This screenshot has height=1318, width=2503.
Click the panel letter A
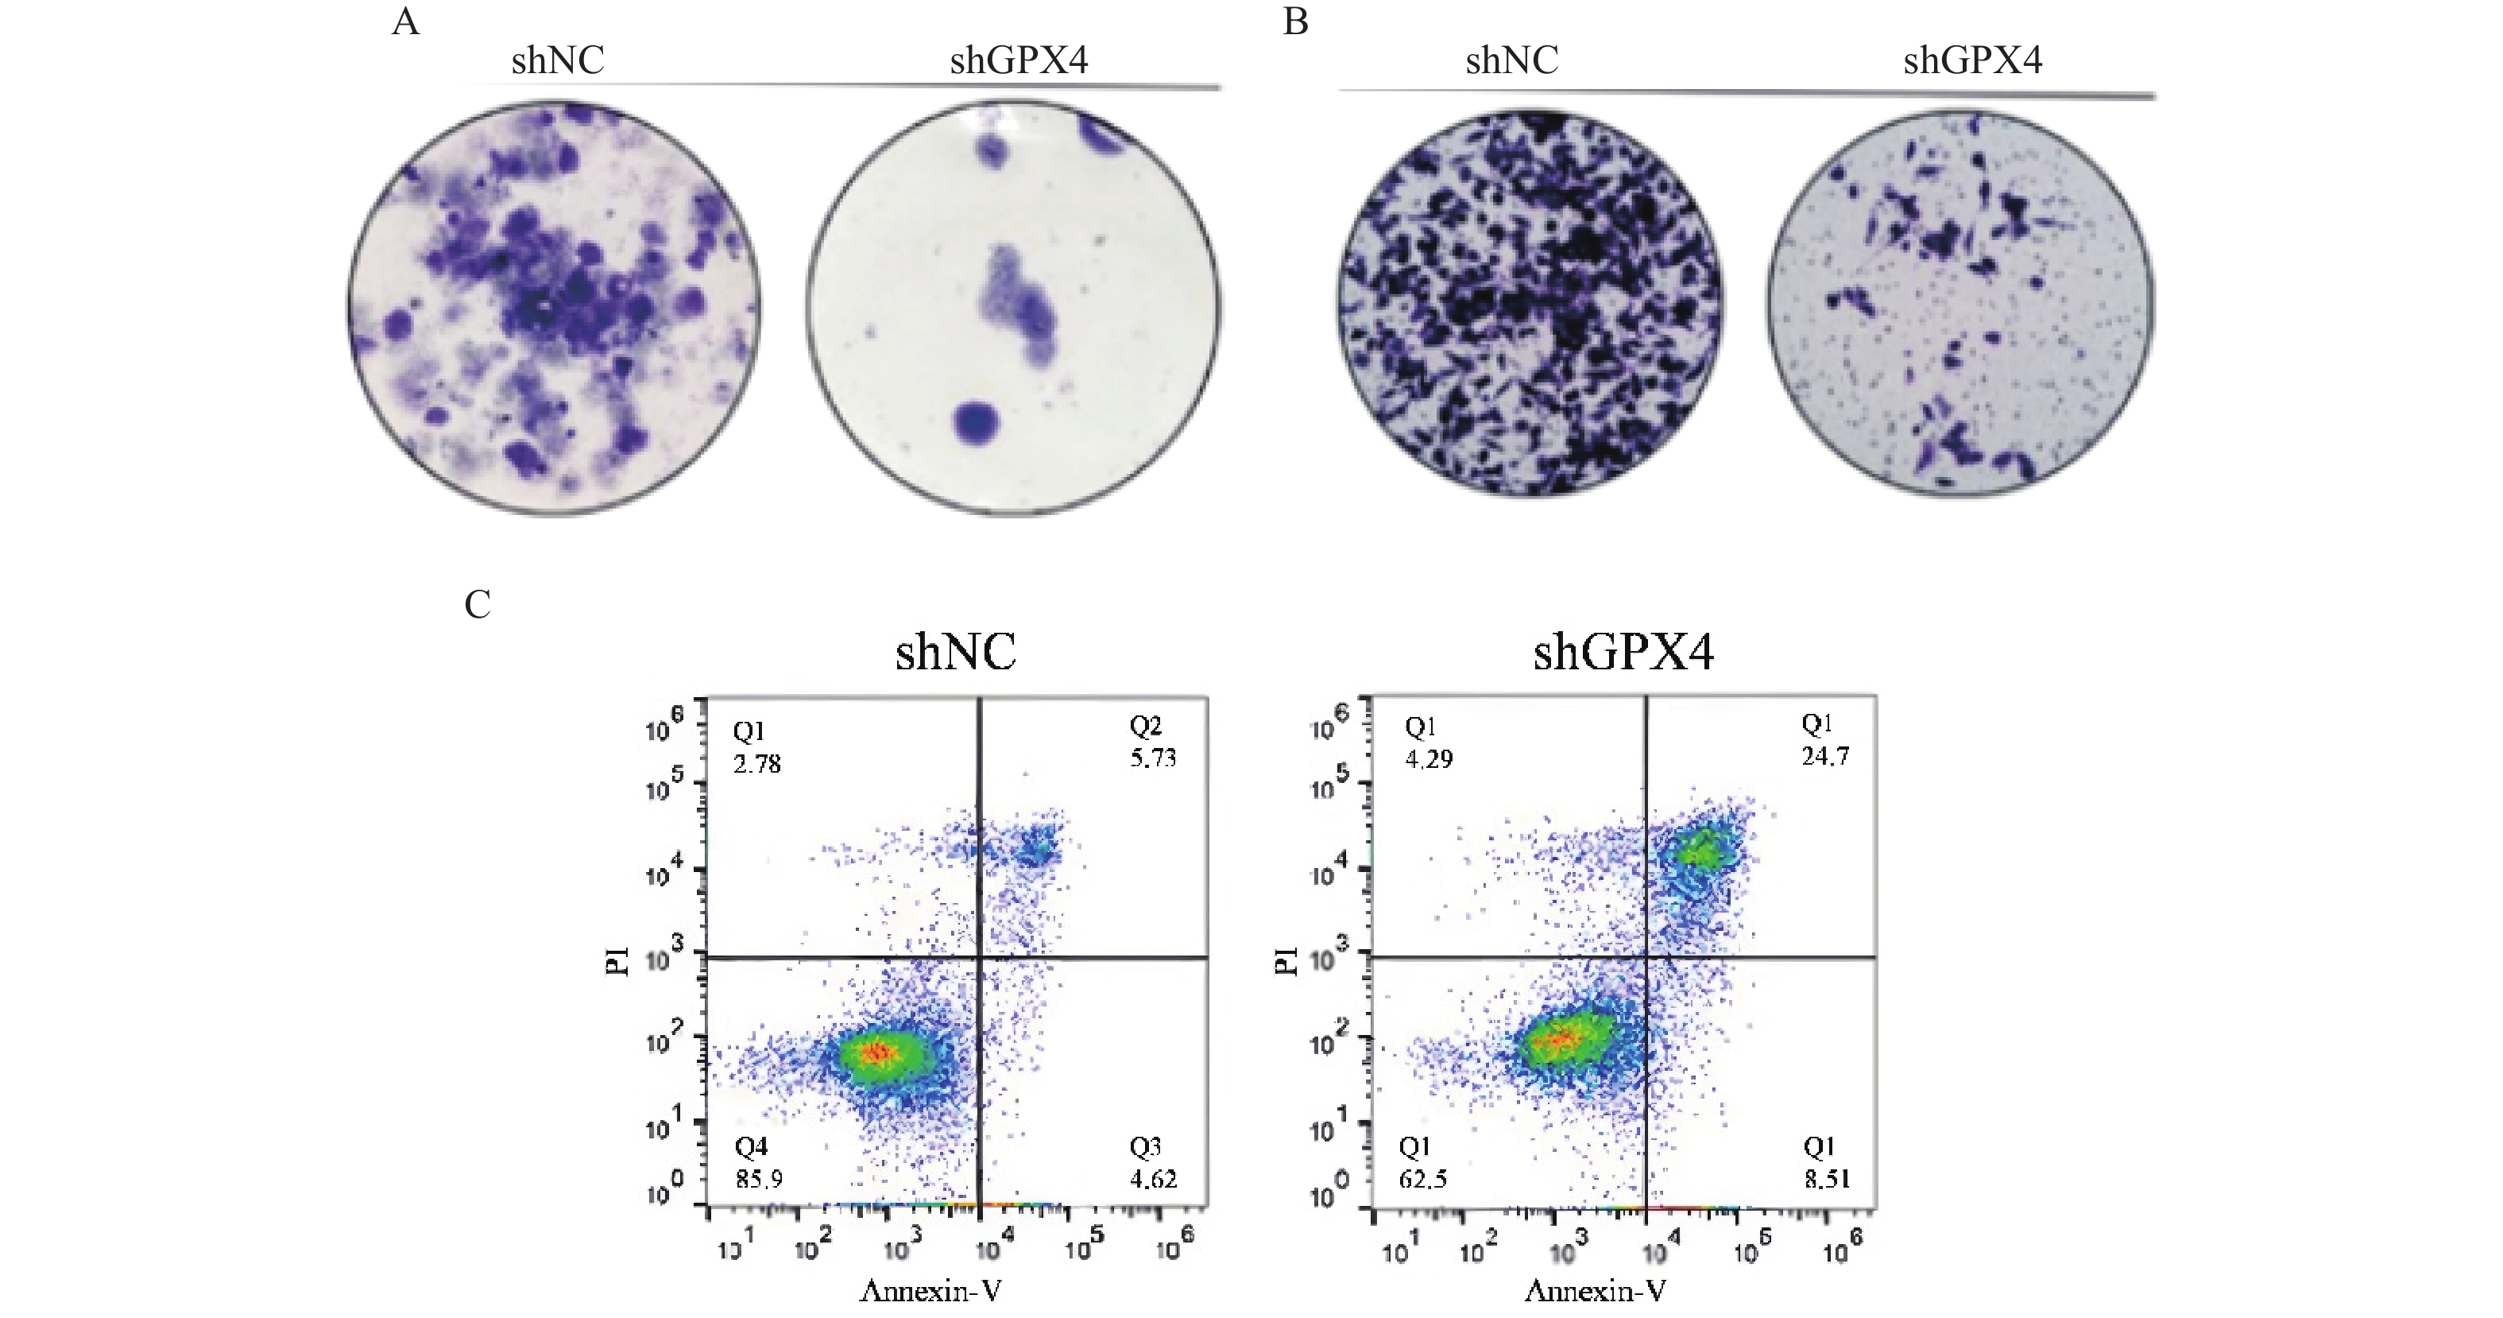point(405,21)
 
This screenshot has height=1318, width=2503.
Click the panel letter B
point(1295,21)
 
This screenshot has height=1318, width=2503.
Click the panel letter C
point(477,605)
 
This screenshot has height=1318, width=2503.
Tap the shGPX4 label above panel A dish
point(1019,61)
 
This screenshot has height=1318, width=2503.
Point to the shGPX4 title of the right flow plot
point(1623,651)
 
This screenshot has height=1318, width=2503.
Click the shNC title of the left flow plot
point(955,651)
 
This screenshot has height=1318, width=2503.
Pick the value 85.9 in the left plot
point(758,1179)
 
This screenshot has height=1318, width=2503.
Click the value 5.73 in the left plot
point(1152,757)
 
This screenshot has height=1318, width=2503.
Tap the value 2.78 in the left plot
point(757,764)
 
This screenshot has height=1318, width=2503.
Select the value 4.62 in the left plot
point(1152,1179)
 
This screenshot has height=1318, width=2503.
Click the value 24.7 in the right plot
point(1826,755)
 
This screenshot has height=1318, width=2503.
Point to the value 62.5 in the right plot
point(1422,1179)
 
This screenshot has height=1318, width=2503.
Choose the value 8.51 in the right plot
point(1827,1179)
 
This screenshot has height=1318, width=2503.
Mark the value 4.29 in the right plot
point(1429,758)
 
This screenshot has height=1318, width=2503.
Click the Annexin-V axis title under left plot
point(930,1291)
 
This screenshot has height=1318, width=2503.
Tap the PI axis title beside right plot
point(1286,961)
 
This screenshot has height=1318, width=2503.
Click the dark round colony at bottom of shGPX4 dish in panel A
point(977,423)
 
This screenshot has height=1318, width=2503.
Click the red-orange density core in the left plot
point(877,1052)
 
